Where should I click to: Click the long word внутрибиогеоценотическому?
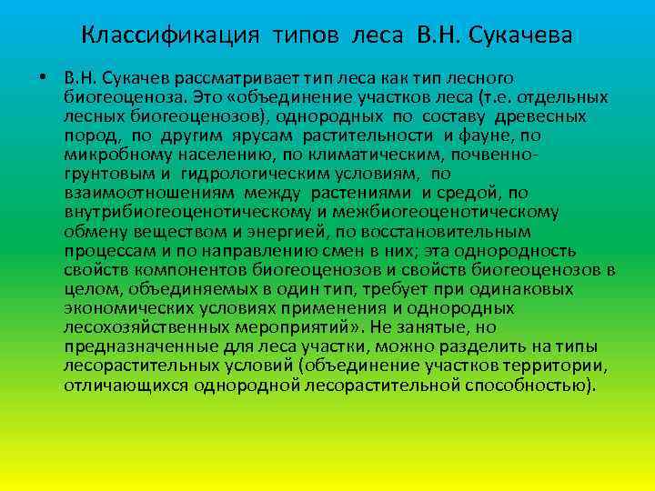pyautogui.click(x=177, y=212)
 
